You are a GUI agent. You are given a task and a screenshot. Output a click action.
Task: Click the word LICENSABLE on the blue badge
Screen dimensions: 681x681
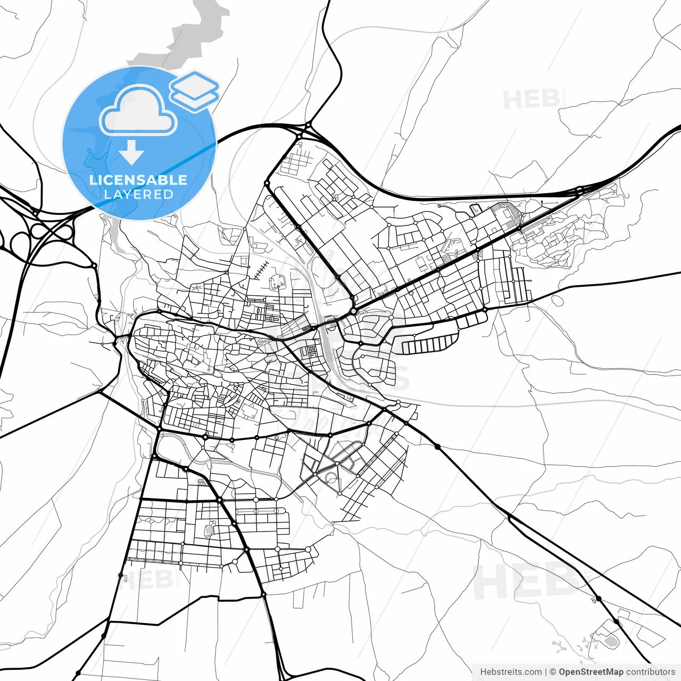[x=138, y=180]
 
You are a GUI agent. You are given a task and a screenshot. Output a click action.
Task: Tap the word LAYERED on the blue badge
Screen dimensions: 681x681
[x=138, y=194]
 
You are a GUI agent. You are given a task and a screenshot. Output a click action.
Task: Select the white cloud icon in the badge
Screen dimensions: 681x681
[x=138, y=111]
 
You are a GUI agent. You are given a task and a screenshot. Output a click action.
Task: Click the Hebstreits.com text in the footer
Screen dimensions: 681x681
[x=511, y=672]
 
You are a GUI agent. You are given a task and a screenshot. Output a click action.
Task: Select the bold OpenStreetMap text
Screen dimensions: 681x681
[x=591, y=672]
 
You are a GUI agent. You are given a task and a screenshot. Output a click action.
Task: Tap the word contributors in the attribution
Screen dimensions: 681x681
[x=650, y=672]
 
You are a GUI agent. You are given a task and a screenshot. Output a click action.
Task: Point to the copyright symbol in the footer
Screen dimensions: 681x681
[x=553, y=672]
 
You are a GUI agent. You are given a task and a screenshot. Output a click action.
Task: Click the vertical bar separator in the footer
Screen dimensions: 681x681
[x=546, y=672]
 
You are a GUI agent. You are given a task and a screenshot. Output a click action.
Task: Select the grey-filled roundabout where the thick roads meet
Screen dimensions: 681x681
[x=353, y=311]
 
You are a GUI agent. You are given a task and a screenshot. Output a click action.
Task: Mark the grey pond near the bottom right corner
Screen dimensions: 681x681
[x=611, y=641]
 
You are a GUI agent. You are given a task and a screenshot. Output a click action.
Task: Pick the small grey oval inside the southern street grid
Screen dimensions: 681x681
[x=208, y=530]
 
